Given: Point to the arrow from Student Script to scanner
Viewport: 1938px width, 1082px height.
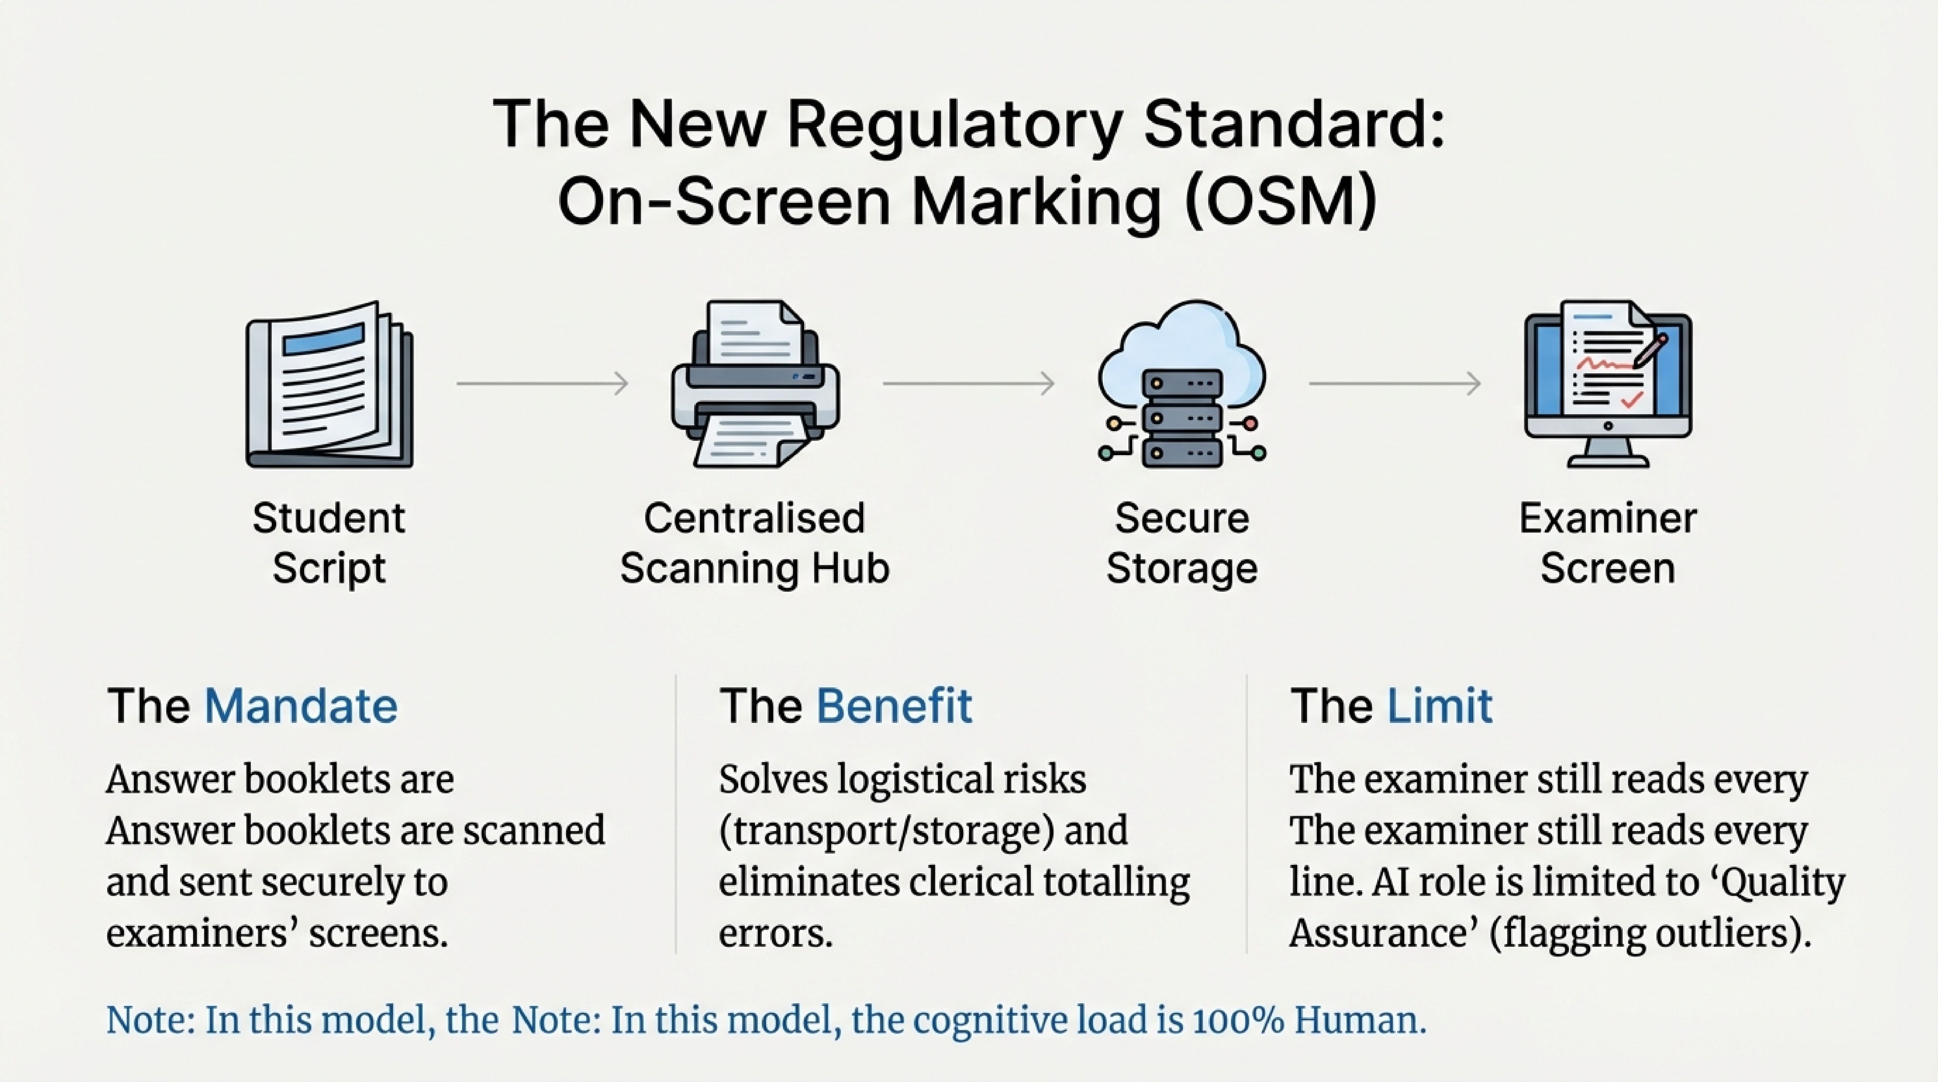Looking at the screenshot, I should (x=542, y=384).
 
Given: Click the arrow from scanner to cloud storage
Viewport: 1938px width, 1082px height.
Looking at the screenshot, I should (x=968, y=384).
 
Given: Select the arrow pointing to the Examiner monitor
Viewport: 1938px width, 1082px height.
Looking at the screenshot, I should (x=1395, y=384).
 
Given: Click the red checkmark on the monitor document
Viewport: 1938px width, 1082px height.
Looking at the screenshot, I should (x=1631, y=400).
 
